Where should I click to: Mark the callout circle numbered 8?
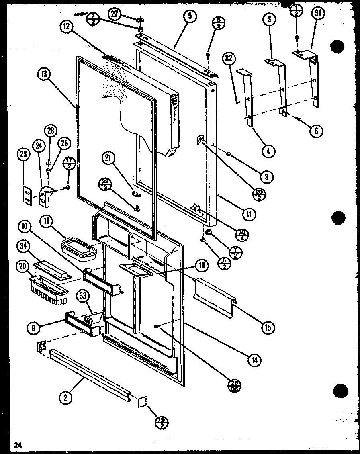266,176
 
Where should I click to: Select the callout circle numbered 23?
23,155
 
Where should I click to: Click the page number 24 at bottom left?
18,444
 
